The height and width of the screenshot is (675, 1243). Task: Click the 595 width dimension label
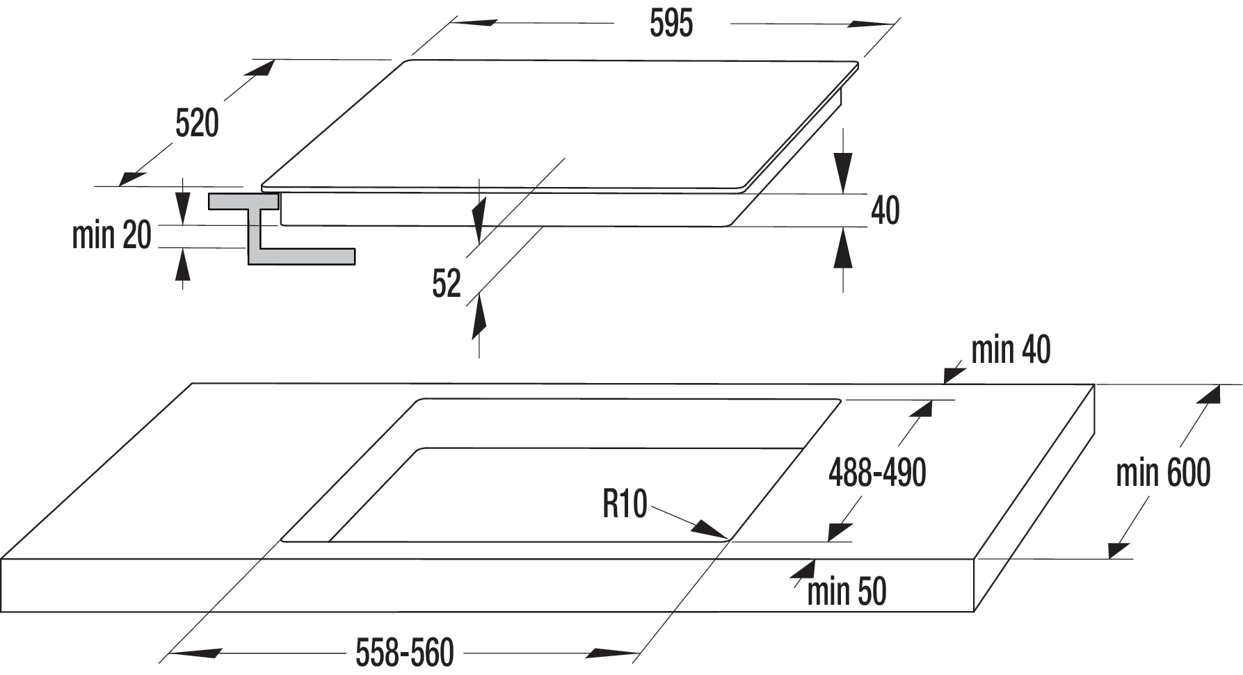pos(671,24)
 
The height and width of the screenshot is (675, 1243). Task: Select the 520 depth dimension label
pos(197,123)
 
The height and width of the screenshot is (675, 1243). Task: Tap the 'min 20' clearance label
pos(111,235)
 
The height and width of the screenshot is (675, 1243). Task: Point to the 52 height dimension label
pos(447,284)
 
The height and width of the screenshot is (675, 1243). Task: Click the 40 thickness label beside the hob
pos(885,210)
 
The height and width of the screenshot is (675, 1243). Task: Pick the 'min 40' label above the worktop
pos(1011,350)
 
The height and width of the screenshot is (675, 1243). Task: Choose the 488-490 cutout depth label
pos(877,473)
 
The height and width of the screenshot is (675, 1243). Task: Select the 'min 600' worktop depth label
pos(1163,473)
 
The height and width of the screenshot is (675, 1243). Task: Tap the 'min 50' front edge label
pos(847,592)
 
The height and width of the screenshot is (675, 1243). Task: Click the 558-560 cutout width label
pos(405,653)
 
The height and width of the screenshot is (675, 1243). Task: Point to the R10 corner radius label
pos(625,503)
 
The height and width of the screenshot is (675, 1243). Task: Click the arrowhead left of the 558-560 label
pos(195,653)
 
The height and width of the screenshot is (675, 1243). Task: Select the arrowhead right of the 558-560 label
pos(613,653)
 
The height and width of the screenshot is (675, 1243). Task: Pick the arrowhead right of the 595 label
pos(870,24)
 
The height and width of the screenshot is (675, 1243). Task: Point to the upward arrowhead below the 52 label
pos(479,318)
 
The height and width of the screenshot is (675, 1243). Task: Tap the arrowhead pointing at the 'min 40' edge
pos(954,374)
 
